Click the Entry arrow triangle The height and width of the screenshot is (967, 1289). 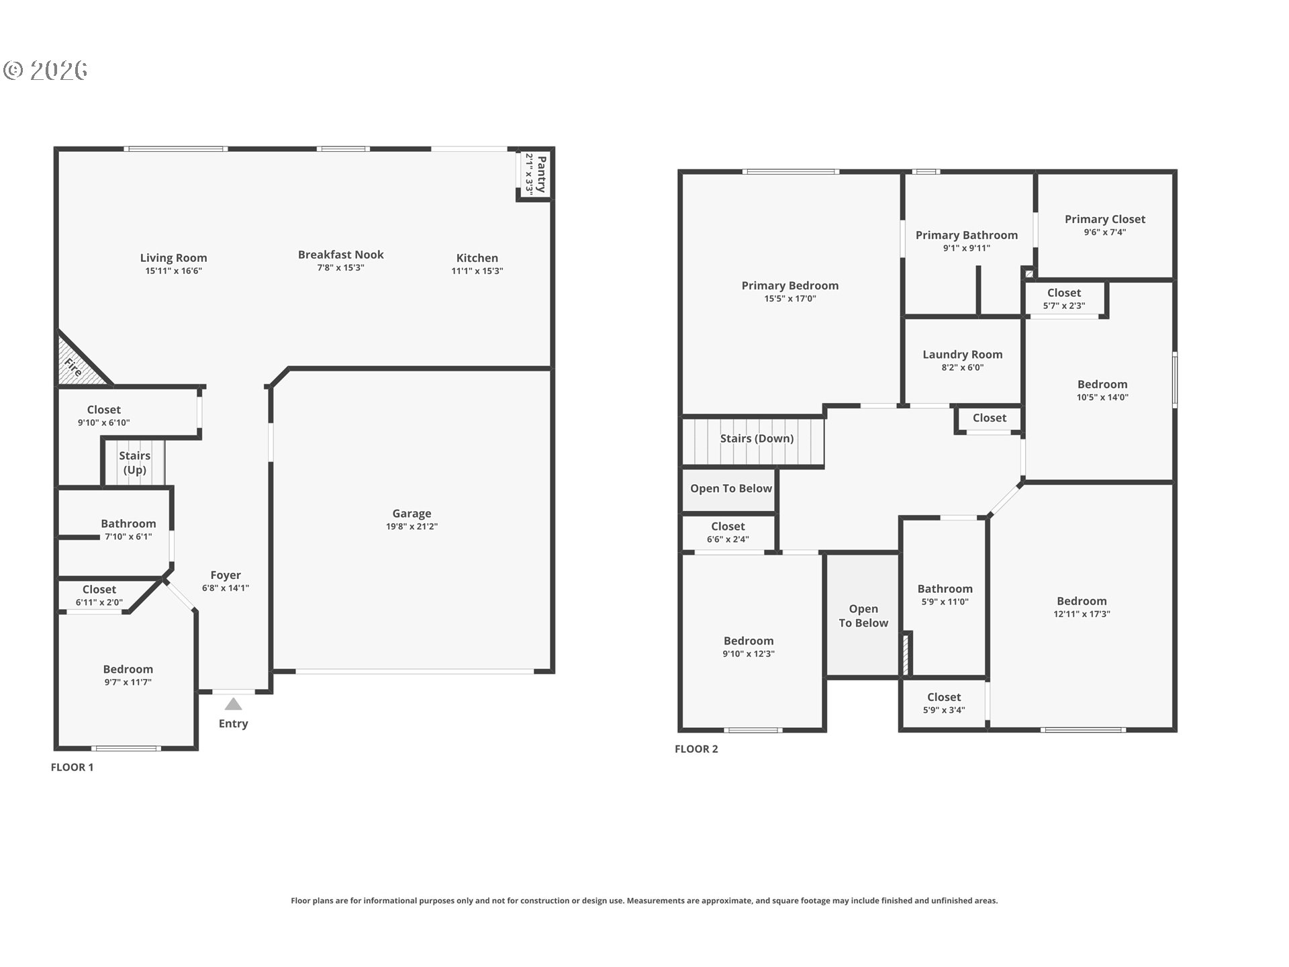[233, 704]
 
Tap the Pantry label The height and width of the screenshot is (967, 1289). [541, 174]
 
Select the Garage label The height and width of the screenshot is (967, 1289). [412, 514]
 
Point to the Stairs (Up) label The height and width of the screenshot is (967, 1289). [134, 463]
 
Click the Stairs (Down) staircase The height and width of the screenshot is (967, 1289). [753, 441]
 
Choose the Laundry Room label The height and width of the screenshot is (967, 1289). [962, 355]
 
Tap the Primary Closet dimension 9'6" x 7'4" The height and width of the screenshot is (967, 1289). [1104, 232]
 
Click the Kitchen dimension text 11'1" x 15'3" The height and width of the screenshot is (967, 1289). [477, 271]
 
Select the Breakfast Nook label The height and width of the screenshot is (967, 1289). [340, 255]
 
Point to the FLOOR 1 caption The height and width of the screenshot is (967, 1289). [72, 767]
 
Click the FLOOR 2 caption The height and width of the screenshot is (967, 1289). [696, 749]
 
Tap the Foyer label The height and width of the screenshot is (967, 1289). [225, 575]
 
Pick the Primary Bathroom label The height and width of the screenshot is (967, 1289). [966, 235]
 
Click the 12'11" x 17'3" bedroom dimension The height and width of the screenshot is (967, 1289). [1082, 614]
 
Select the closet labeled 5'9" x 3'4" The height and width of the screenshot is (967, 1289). [943, 703]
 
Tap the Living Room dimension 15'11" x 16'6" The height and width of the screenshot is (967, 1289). [173, 271]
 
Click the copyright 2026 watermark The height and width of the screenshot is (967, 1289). [46, 70]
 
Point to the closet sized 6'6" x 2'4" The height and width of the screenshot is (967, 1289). [728, 533]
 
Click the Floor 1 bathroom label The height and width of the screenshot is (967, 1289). [128, 524]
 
